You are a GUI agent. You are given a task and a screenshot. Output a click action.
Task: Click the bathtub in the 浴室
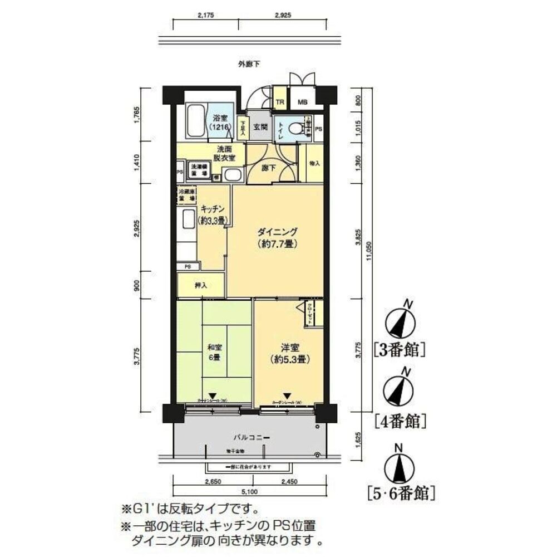195,121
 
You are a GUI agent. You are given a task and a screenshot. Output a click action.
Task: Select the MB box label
302,102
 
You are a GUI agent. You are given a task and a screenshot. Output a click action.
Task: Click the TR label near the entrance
280,102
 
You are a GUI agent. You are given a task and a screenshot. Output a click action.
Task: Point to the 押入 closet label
201,286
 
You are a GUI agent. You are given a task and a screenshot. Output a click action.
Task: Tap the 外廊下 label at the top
249,65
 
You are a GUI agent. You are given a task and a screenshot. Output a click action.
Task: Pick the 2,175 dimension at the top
205,16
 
